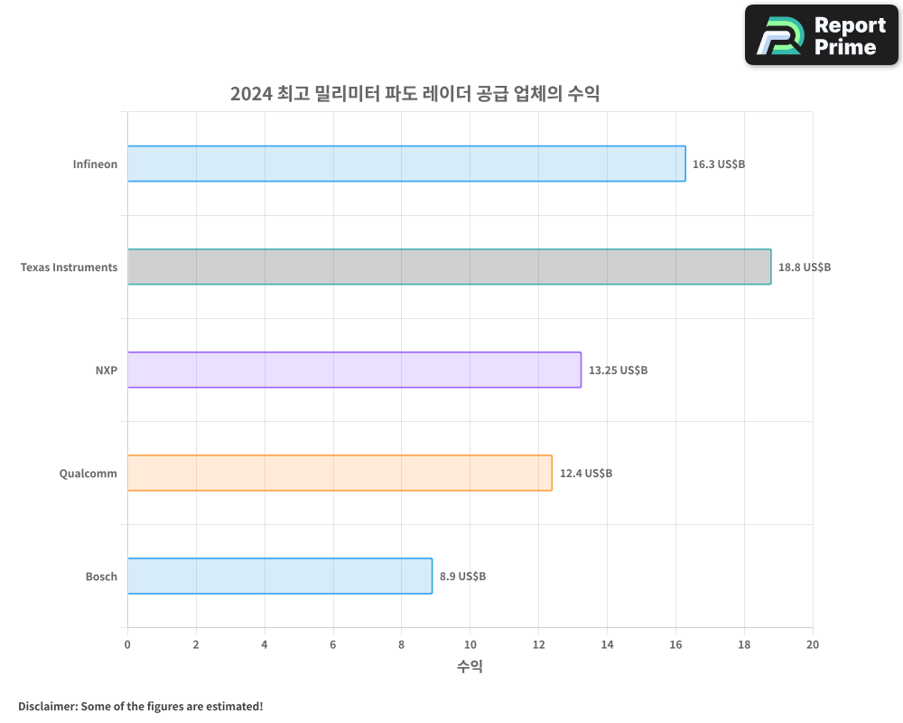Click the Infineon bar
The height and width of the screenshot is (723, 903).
(x=406, y=164)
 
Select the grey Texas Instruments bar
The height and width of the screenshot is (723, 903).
(x=449, y=267)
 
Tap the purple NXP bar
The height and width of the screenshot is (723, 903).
(x=354, y=370)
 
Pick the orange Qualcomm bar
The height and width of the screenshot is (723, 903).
(x=340, y=473)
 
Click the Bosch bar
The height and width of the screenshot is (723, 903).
(x=280, y=576)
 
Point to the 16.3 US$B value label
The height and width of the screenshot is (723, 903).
(x=719, y=164)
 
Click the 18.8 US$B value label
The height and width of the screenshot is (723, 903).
(x=805, y=268)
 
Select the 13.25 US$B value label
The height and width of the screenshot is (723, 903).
(x=618, y=371)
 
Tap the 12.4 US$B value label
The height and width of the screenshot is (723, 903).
(x=586, y=473)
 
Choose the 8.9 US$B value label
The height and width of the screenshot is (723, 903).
(x=462, y=576)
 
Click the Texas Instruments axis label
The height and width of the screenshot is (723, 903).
(x=69, y=268)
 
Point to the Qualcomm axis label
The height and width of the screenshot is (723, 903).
(x=88, y=473)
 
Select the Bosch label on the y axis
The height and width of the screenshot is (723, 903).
(x=101, y=576)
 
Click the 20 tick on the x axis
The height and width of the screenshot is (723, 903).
(x=813, y=644)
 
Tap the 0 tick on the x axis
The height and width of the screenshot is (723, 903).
(x=127, y=644)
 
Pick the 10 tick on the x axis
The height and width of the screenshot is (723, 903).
(x=470, y=644)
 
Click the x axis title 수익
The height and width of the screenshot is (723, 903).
(x=470, y=667)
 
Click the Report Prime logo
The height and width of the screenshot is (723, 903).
(x=822, y=35)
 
